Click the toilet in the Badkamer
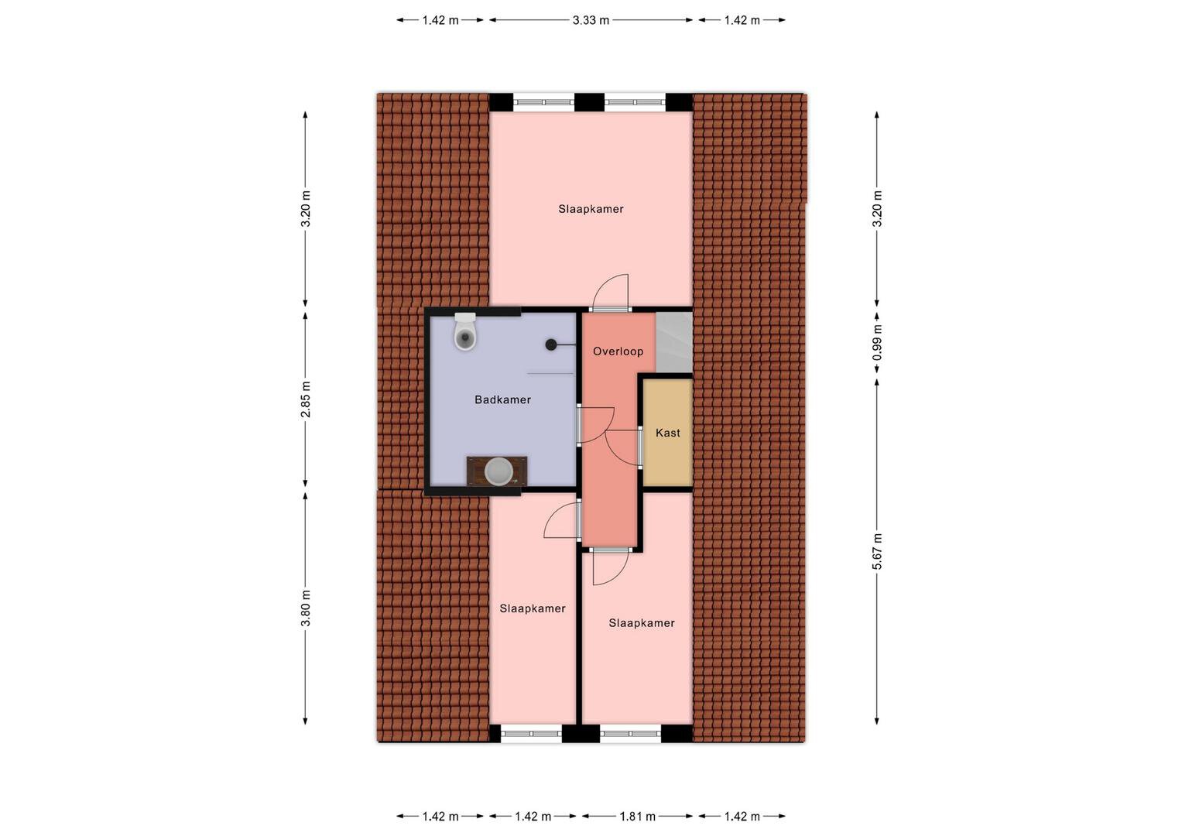(465, 332)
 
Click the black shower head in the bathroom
(551, 345)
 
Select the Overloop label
(618, 351)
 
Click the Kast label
(667, 433)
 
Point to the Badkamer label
(502, 399)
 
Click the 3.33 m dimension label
(591, 20)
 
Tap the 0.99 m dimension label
(877, 342)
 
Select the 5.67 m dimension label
(877, 551)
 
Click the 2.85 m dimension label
(306, 399)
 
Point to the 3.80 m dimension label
(306, 608)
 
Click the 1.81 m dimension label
(637, 817)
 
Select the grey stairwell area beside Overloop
(674, 342)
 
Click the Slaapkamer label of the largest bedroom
(591, 209)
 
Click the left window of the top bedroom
(543, 102)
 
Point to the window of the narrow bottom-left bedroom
(531, 734)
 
